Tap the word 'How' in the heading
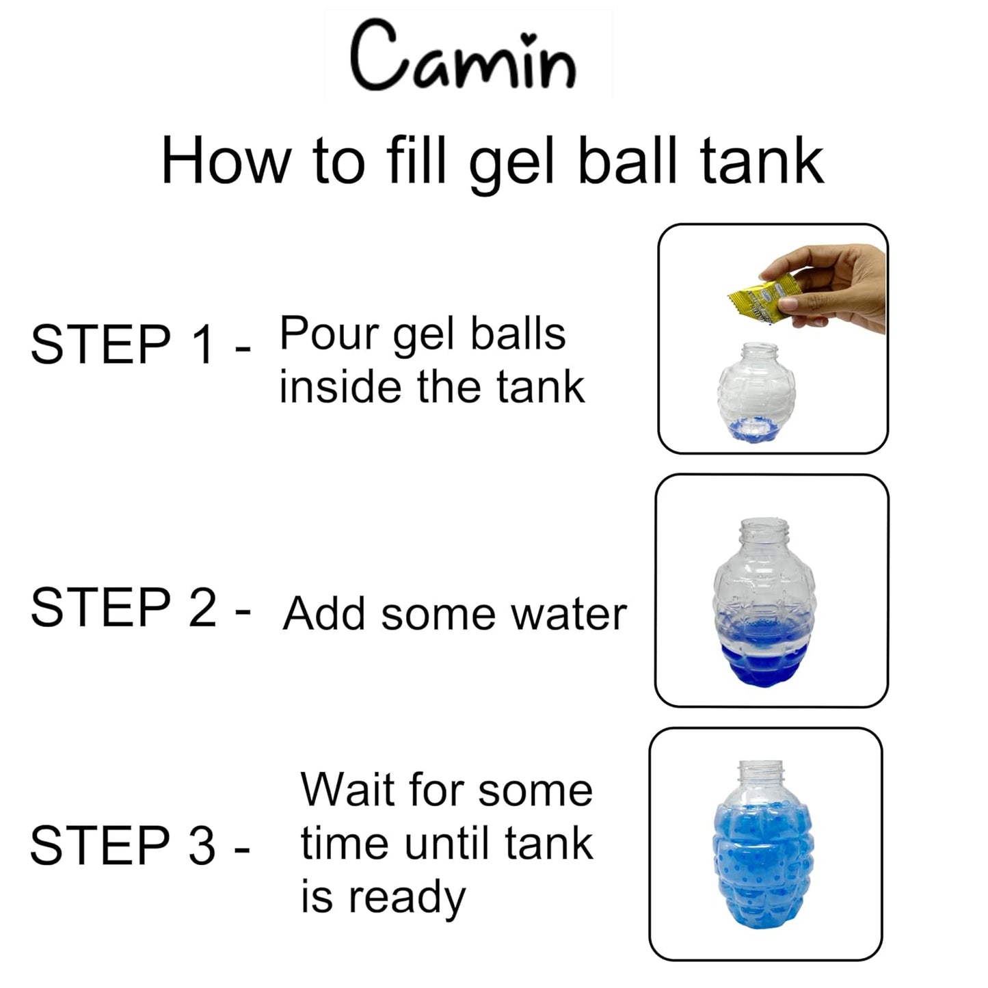point(226,163)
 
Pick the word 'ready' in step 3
point(408,898)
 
